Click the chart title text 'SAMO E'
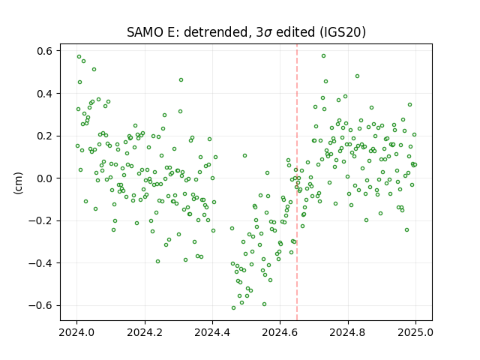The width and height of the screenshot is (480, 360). (x=153, y=32)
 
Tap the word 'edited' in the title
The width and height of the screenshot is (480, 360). (x=295, y=32)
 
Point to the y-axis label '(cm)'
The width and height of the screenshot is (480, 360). (x=18, y=183)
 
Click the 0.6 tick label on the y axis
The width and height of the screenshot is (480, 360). (x=44, y=51)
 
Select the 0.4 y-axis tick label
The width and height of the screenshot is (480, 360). (x=44, y=93)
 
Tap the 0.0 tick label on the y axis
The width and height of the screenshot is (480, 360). (x=44, y=178)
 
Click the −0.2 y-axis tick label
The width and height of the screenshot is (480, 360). (x=40, y=220)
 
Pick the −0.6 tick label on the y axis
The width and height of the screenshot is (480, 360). (x=40, y=305)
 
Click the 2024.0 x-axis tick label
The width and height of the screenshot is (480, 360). (x=76, y=332)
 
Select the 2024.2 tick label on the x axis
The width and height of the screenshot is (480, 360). (x=145, y=332)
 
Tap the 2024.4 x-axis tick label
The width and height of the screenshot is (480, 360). (x=212, y=332)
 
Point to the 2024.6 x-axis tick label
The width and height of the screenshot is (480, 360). (x=280, y=332)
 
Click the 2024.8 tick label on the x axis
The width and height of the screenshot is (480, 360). (x=348, y=332)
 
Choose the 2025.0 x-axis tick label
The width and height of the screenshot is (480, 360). (x=415, y=332)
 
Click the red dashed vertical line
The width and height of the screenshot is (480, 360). (x=297, y=182)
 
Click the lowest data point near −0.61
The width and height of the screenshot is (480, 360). (x=233, y=307)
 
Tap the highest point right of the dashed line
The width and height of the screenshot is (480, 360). (x=323, y=56)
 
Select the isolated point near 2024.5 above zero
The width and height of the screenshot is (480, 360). (x=245, y=155)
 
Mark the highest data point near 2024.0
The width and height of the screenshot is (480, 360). (x=79, y=57)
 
